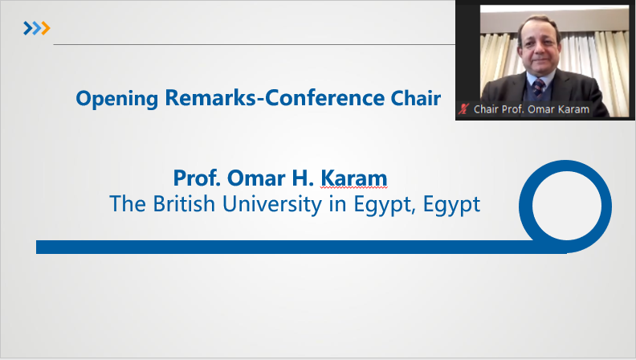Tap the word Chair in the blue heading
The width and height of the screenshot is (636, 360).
click(x=416, y=98)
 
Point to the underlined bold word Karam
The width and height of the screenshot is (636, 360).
click(x=354, y=178)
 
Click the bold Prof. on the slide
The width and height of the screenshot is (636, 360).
click(x=197, y=178)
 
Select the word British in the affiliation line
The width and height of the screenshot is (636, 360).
click(x=184, y=203)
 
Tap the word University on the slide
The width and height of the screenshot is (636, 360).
click(x=272, y=205)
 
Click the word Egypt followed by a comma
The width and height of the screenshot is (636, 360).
click(x=385, y=205)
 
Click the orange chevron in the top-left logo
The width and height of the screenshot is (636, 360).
click(x=46, y=28)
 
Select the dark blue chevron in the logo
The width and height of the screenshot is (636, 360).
click(x=27, y=28)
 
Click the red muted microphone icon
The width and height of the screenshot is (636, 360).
click(x=463, y=109)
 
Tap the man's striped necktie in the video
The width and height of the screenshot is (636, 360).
click(x=539, y=88)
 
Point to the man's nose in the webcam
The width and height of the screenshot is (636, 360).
click(x=538, y=50)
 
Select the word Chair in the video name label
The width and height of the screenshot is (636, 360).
click(x=486, y=109)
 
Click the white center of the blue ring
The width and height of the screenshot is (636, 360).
click(x=566, y=207)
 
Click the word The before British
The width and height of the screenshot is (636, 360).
click(x=128, y=203)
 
